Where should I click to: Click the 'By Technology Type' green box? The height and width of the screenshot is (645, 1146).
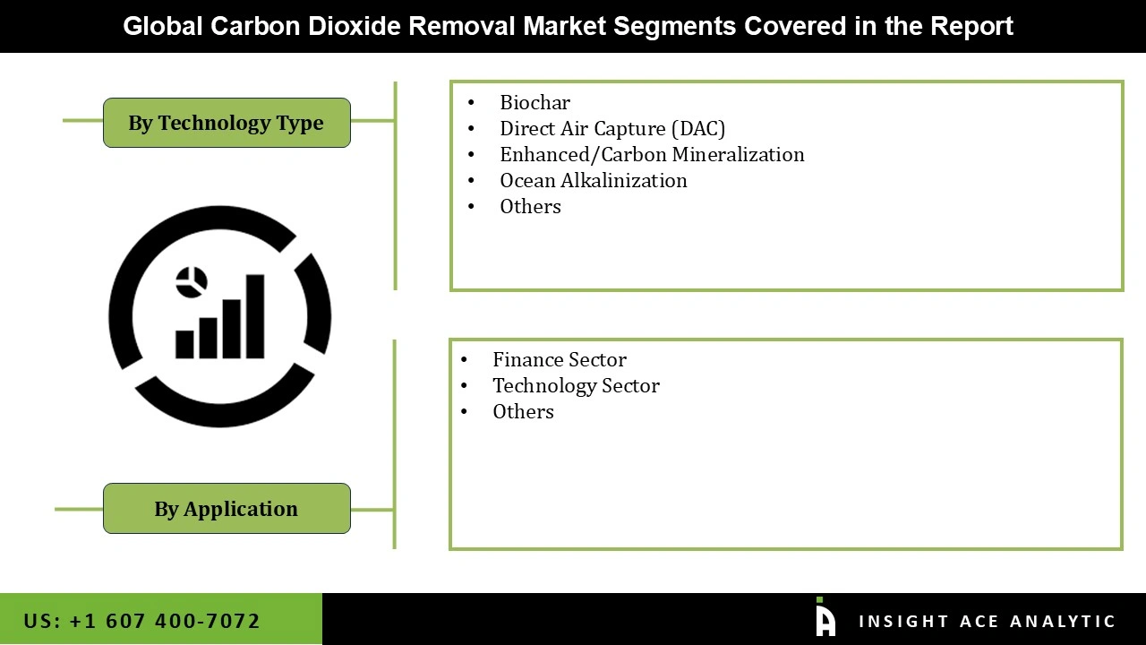(x=227, y=123)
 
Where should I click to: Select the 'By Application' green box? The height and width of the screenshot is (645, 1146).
(x=227, y=509)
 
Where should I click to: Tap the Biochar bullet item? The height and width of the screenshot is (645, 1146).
(x=535, y=102)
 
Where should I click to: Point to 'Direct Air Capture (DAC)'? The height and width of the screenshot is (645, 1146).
(x=612, y=128)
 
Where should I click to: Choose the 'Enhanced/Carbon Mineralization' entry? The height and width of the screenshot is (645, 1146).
(x=652, y=154)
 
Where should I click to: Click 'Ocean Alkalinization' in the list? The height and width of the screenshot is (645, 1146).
(x=594, y=180)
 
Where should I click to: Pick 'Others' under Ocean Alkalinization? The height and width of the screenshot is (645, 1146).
(x=530, y=206)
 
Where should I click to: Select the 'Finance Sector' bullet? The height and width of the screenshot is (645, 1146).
(x=560, y=359)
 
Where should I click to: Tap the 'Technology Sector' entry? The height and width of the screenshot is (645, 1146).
(x=576, y=385)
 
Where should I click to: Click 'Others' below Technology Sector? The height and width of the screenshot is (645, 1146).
(x=523, y=411)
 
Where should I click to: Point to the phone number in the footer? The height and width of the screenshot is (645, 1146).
(x=141, y=621)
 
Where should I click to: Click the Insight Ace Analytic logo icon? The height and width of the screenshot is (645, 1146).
(x=825, y=618)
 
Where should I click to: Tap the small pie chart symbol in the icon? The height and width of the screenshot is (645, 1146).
(x=192, y=281)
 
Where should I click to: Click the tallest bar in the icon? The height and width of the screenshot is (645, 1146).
(x=255, y=315)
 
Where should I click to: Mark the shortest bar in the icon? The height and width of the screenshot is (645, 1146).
(x=185, y=344)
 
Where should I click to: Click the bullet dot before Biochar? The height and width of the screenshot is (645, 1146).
(x=472, y=103)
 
